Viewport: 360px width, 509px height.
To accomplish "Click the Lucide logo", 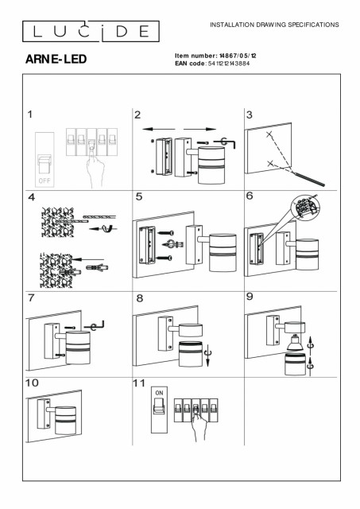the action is click(91, 32).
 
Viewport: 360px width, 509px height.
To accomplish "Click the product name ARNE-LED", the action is click(56, 59).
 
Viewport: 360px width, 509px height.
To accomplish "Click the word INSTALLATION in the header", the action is click(232, 25).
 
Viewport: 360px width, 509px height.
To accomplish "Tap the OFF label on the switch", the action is click(45, 181).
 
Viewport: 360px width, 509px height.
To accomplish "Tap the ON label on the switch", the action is click(159, 393).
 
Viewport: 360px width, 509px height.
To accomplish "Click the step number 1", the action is click(30, 115).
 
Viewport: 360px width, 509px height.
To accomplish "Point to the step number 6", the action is click(250, 196).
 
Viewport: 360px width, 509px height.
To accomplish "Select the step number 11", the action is click(139, 383).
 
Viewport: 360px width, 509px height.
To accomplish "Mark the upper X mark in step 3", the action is click(269, 134).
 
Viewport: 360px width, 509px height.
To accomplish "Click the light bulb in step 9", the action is click(295, 343).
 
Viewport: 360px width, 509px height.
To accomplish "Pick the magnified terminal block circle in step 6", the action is click(305, 208).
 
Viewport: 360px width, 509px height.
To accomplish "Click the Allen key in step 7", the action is click(94, 325).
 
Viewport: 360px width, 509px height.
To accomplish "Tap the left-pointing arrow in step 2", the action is click(159, 129).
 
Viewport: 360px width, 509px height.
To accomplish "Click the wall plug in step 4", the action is click(97, 268).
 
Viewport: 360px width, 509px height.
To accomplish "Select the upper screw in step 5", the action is click(166, 233).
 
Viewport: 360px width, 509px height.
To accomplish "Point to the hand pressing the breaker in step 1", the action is click(95, 168).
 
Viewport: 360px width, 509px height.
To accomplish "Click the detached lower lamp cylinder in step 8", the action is click(191, 355).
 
